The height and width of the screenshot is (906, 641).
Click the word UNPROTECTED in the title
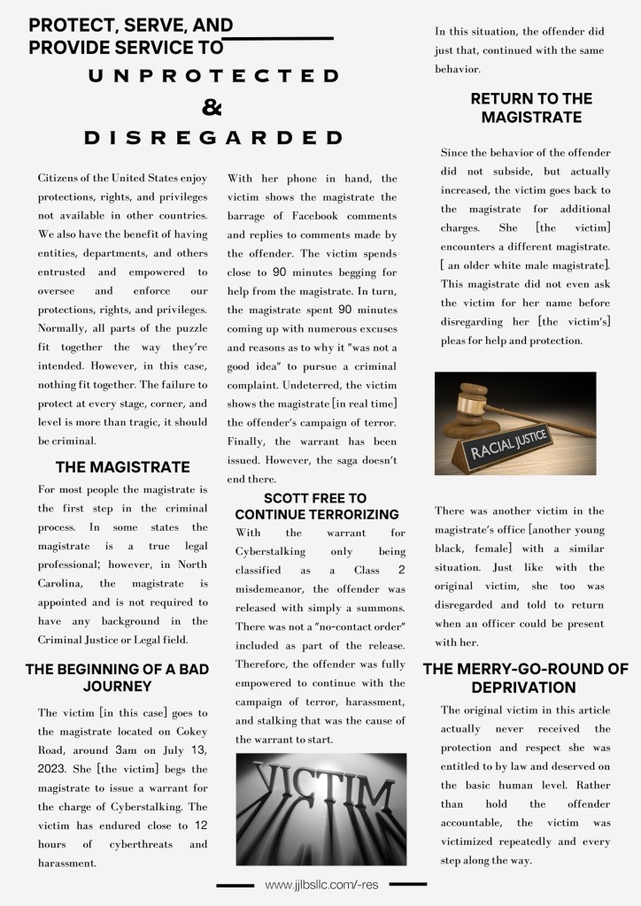click(x=213, y=77)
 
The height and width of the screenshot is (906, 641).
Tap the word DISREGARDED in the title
click(x=213, y=138)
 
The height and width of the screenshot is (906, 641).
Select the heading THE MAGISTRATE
click(x=122, y=466)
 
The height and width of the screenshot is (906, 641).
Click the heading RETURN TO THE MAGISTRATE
click(x=531, y=107)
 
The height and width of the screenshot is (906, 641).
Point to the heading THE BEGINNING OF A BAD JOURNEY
click(x=117, y=677)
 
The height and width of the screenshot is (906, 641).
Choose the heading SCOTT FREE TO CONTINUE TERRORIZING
click(x=316, y=506)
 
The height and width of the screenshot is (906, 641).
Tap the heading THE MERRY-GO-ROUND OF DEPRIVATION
click(x=525, y=678)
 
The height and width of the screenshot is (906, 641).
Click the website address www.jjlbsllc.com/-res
click(x=322, y=885)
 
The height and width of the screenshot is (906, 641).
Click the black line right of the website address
click(x=407, y=883)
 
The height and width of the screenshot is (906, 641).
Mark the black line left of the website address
click(x=236, y=885)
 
